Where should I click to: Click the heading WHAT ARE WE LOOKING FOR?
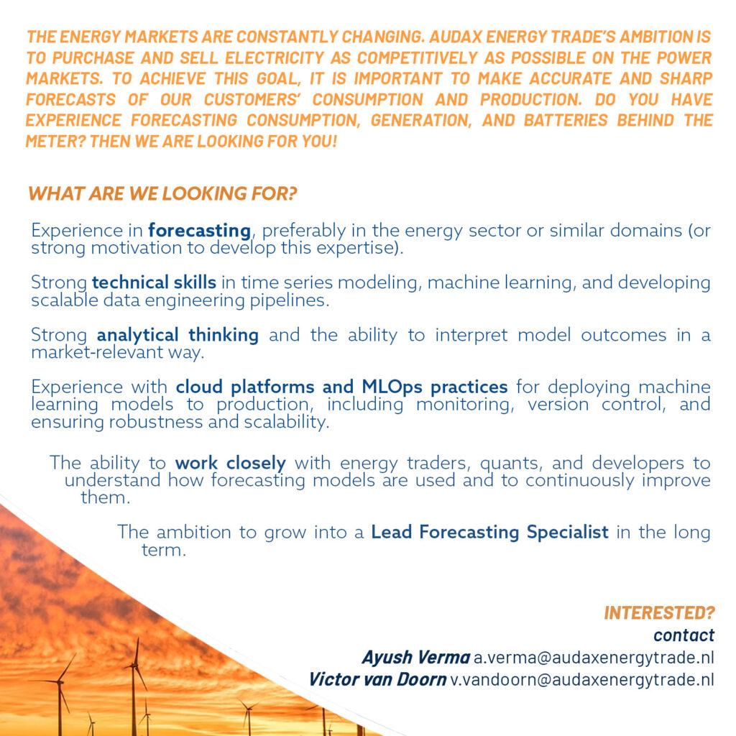click(162, 193)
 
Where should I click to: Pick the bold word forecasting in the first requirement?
click(199, 231)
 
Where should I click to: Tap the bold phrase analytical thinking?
click(178, 336)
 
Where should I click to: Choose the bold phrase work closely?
click(230, 464)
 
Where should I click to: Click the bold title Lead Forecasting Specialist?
click(489, 533)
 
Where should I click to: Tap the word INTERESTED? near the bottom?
click(659, 613)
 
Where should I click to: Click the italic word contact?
click(684, 635)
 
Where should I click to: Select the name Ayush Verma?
click(415, 658)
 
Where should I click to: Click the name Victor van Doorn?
click(377, 679)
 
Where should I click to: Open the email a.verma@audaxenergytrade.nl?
click(594, 658)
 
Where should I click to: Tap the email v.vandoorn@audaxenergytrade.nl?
click(582, 679)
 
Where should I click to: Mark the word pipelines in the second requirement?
click(292, 300)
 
